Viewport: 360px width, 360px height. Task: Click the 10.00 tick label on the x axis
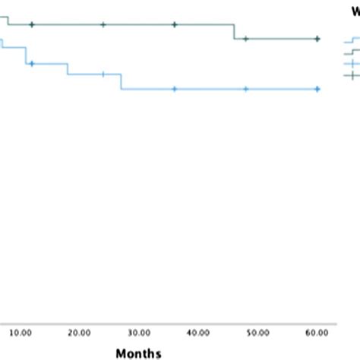(21, 332)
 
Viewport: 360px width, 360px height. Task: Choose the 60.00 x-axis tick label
(317, 332)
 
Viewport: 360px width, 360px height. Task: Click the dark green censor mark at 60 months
(317, 38)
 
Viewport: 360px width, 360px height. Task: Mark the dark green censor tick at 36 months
(175, 25)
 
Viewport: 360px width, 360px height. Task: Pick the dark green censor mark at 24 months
(103, 25)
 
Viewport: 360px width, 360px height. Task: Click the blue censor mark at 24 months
(103, 74)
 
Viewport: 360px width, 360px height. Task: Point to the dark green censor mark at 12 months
(32, 25)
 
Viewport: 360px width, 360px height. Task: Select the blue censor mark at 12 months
(32, 64)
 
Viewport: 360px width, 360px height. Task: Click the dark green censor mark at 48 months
(245, 38)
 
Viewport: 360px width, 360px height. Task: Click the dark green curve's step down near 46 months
(234, 32)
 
